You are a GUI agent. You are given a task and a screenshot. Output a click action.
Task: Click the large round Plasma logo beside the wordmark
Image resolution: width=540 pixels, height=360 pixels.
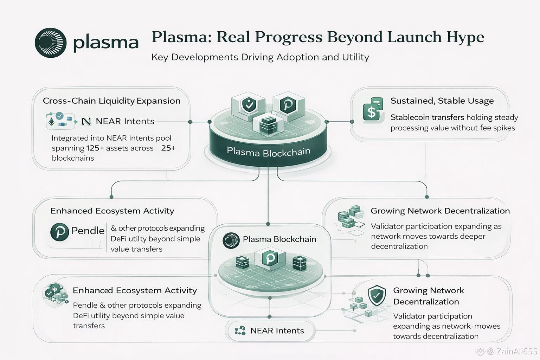(51, 43)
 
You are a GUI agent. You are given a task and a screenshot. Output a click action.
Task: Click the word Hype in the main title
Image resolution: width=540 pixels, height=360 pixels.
(465, 37)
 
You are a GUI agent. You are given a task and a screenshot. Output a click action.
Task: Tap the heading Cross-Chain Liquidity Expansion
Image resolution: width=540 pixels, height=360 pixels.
(111, 101)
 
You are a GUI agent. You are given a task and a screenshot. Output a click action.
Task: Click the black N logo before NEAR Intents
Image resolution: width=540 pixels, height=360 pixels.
(86, 121)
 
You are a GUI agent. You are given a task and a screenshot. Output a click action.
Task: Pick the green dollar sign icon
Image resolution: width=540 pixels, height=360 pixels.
(372, 110)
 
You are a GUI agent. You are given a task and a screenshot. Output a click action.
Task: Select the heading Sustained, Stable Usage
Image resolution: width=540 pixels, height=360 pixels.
(442, 101)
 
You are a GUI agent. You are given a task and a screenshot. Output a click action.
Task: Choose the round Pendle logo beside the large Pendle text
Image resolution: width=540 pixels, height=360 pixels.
(59, 232)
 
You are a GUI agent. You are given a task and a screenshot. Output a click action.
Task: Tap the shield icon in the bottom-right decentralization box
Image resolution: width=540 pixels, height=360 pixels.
(376, 295)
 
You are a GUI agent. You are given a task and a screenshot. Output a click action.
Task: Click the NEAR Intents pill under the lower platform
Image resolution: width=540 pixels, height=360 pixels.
(270, 331)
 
